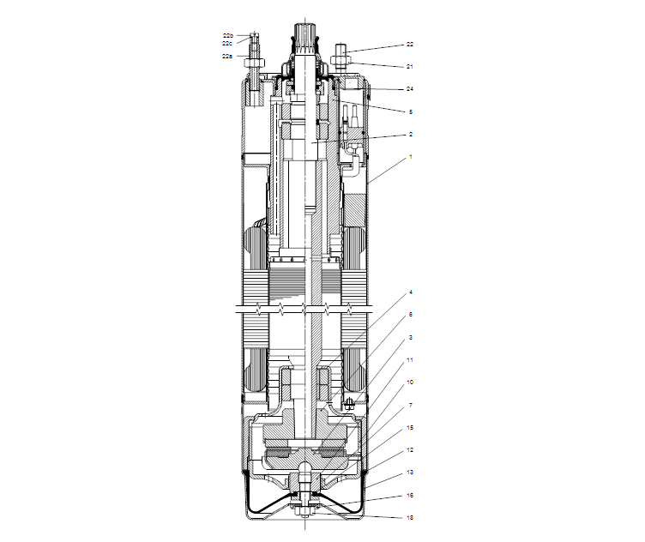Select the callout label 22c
pos(227,43)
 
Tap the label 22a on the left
pos(227,56)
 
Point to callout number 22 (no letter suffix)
pos(410,44)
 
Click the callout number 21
pos(410,66)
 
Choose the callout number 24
pos(410,89)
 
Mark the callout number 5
pos(410,111)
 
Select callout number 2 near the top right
pos(410,135)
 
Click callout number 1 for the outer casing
pos(410,157)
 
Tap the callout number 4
pos(410,292)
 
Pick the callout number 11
pos(410,359)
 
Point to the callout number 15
pos(410,427)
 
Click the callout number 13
pos(410,473)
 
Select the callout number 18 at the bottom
pos(410,518)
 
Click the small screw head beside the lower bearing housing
pos(350,402)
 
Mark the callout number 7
pos(410,405)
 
